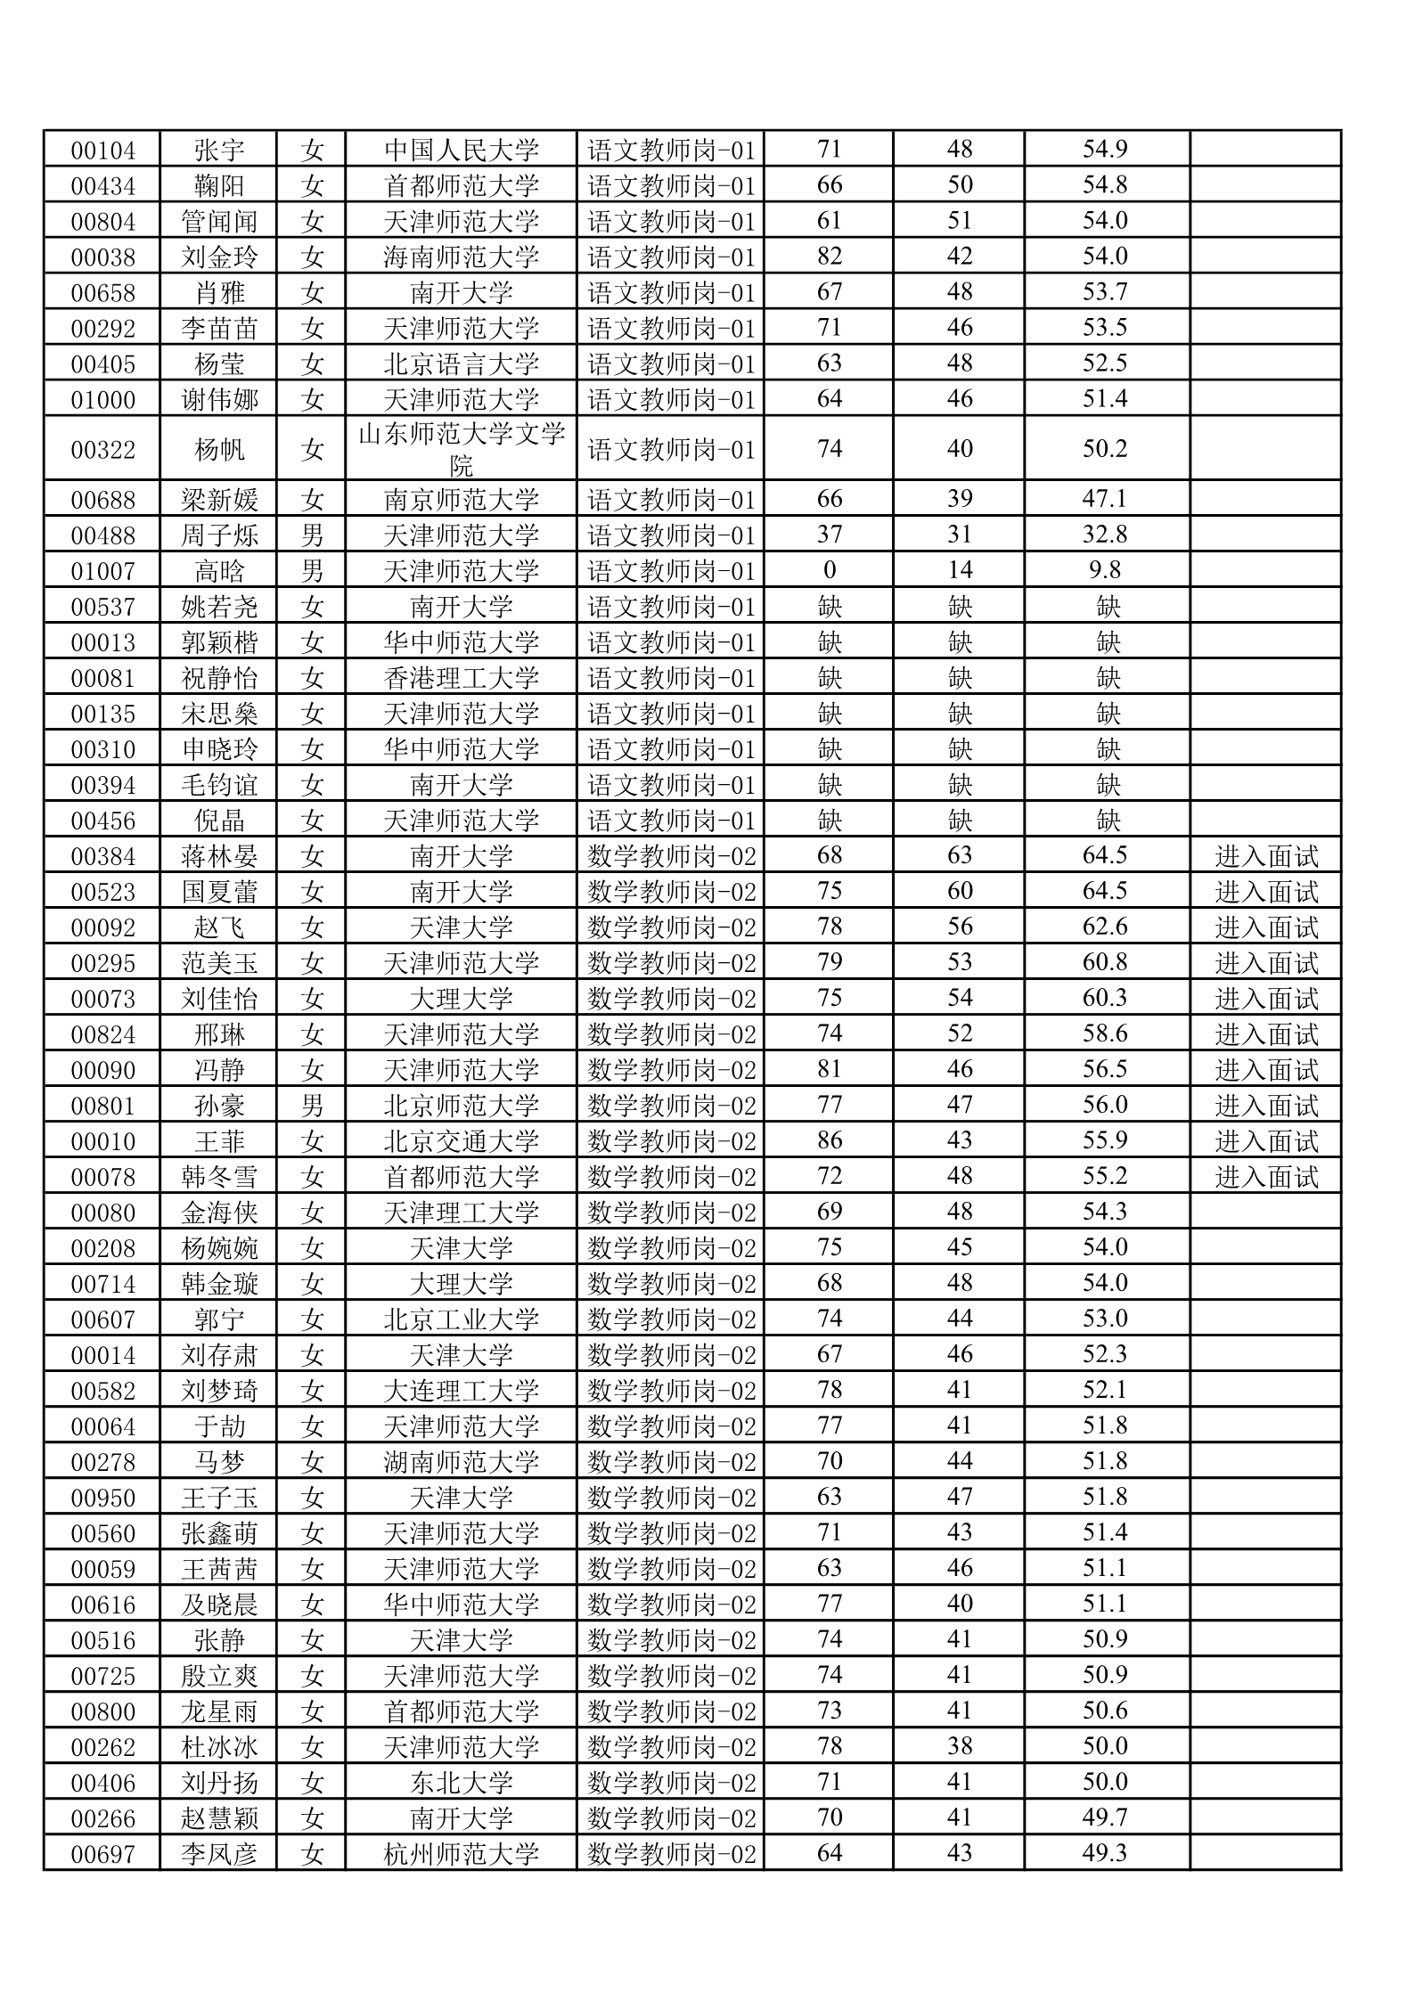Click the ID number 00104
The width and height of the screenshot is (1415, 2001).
pos(102,150)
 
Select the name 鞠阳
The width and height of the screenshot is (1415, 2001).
pos(219,185)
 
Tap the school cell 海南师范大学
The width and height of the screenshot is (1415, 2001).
pos(462,257)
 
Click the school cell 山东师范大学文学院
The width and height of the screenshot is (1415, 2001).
pos(462,448)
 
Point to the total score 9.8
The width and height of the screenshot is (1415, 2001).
pos(1105,570)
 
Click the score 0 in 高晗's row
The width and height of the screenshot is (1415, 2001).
pos(829,570)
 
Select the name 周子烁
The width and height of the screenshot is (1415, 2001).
pos(219,535)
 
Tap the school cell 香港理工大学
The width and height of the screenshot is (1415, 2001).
pos(462,677)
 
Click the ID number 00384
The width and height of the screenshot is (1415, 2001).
pos(102,856)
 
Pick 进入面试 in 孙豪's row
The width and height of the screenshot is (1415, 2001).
pos(1265,1106)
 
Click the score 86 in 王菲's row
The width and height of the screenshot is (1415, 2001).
pos(829,1141)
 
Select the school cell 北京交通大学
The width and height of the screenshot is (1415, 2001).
pos(462,1141)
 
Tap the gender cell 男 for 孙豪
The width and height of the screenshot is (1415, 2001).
pos(312,1106)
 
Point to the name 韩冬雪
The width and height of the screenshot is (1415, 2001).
pos(219,1177)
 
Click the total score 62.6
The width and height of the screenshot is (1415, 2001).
pos(1105,927)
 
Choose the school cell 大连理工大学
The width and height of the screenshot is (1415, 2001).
pos(462,1391)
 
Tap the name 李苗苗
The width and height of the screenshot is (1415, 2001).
pos(219,328)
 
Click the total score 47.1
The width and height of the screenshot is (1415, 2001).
pos(1105,499)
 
